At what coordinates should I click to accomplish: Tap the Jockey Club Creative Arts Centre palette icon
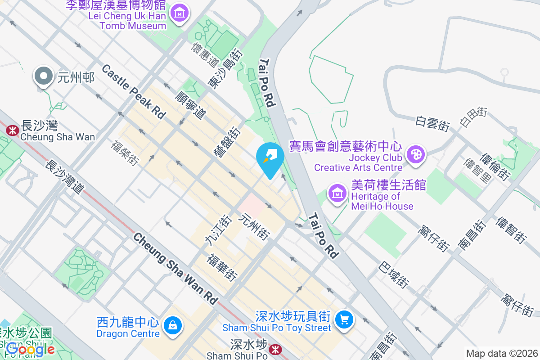[x=415, y=155]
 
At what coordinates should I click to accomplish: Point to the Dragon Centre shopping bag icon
[x=172, y=325]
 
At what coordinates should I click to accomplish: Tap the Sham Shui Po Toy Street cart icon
[x=345, y=319]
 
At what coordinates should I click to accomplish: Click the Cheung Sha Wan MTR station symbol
[x=11, y=130]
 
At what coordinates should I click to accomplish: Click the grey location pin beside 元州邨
[x=44, y=76]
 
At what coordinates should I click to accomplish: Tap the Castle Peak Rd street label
[x=133, y=92]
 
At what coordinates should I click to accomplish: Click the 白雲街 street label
[x=432, y=123]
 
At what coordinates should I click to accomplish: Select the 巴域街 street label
[x=394, y=274]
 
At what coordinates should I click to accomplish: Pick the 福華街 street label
[x=222, y=267]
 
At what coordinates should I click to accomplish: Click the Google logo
[x=30, y=349]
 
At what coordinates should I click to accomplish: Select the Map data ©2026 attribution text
[x=501, y=353]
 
